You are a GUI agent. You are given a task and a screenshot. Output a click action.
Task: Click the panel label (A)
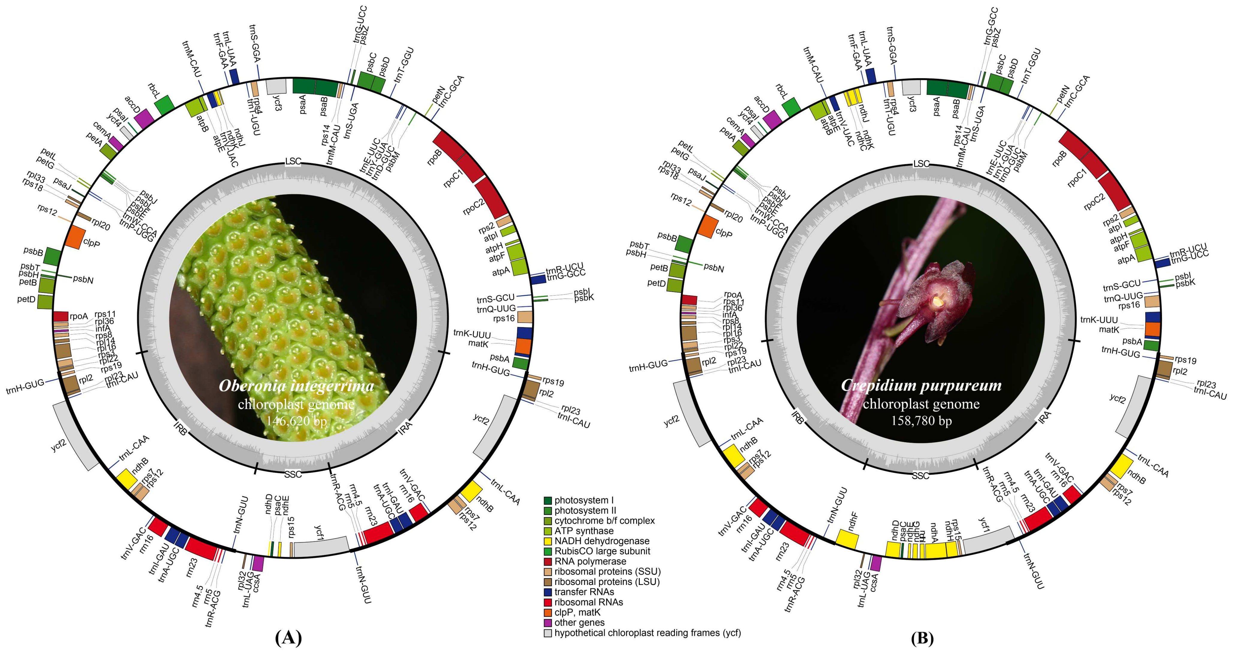pos(289,638)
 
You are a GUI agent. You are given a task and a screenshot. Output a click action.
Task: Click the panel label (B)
pos(922,638)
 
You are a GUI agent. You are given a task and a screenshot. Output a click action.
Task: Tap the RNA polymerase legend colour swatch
pos(548,562)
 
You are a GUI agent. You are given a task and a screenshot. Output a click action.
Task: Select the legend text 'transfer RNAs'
pos(584,592)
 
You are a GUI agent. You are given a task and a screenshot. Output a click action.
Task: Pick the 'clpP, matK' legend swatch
pos(548,613)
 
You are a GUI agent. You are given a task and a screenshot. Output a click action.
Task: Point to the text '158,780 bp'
pos(921,421)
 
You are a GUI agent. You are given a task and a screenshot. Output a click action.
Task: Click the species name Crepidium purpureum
pos(921,386)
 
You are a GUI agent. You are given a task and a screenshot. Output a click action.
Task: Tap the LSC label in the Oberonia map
pos(293,162)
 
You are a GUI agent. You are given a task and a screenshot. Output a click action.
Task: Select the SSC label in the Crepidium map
pos(920,476)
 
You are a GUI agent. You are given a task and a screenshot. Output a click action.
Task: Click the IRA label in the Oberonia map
pos(405,426)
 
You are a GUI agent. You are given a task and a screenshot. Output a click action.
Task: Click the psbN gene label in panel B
pos(714,268)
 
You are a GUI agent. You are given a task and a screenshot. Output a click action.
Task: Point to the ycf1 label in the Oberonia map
pos(320,531)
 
